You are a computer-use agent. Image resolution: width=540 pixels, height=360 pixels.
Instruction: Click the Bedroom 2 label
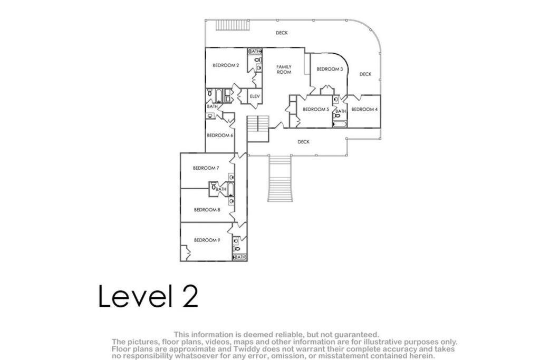[x=226, y=65]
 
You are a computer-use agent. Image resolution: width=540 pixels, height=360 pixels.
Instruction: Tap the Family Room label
[x=284, y=70]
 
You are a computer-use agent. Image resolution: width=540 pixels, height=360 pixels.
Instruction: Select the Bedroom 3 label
[x=330, y=69]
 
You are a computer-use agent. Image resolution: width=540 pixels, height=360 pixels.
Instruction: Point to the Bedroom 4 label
[x=364, y=110]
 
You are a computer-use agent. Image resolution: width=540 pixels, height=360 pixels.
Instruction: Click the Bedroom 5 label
[x=316, y=110]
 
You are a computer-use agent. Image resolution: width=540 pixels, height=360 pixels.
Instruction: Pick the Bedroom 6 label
[x=220, y=135]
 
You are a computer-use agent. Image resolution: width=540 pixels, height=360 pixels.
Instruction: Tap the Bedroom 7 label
[x=206, y=168]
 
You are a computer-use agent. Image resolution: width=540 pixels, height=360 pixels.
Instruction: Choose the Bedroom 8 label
[x=207, y=210]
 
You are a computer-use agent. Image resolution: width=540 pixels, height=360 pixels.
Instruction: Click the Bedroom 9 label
[x=207, y=240]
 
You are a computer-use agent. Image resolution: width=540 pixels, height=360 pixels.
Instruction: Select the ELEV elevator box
[x=255, y=96]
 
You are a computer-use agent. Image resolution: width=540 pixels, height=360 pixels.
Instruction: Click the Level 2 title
[x=148, y=296]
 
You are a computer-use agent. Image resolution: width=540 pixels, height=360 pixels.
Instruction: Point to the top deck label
[x=282, y=33]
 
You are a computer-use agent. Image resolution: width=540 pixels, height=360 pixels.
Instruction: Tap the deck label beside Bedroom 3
[x=365, y=74]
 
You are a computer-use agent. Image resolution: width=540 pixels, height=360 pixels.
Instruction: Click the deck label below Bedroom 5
[x=303, y=142]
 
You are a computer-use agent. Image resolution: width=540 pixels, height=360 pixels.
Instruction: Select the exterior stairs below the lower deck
[x=280, y=179]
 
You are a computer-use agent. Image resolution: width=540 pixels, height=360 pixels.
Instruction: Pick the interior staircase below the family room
[x=258, y=129]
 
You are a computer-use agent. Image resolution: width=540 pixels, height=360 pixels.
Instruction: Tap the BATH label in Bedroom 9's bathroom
[x=240, y=257]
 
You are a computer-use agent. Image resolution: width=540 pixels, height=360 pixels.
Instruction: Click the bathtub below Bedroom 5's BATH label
[x=340, y=123]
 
